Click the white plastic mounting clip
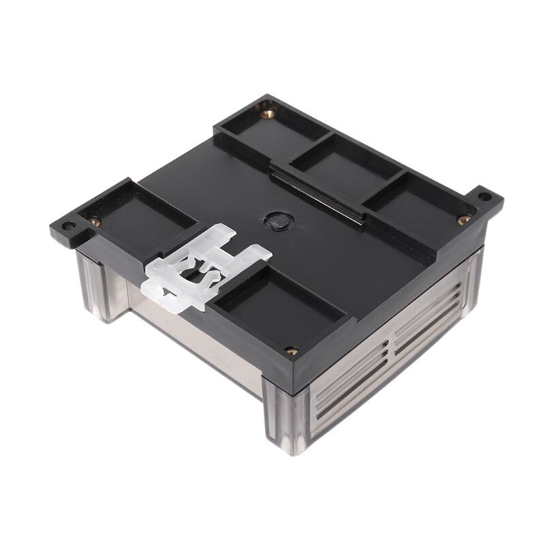pyautogui.click(x=204, y=266)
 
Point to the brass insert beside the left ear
pyautogui.click(x=95, y=221)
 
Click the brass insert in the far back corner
pyautogui.click(x=268, y=114)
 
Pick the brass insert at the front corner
pyautogui.click(x=292, y=351)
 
